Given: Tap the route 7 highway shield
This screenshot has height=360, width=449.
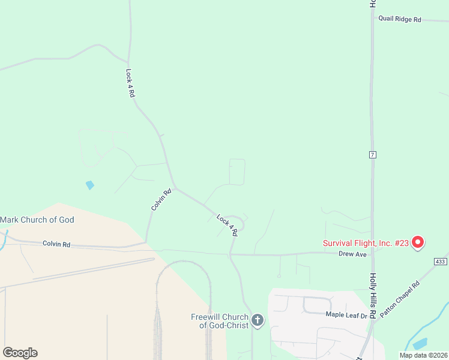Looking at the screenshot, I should coord(373,155).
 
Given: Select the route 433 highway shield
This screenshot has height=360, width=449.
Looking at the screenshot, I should coord(440,262).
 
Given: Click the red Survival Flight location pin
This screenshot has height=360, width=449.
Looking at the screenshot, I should coord(418,242).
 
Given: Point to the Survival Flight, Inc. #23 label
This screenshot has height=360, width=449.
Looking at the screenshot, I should coord(366,243).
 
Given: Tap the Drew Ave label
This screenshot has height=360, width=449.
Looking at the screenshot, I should coord(352,254).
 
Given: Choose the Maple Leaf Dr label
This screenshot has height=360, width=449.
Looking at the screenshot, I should coord(345,314).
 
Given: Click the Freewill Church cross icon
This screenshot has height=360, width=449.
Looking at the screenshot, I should coord(258,320).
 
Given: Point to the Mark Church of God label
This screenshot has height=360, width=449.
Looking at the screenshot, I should coord(37,220).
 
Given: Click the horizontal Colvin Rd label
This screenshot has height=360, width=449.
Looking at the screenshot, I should coord(56,244).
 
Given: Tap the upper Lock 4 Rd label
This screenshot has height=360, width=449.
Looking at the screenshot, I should coord(130,83).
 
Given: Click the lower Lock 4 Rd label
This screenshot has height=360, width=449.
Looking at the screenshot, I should coord(228,225).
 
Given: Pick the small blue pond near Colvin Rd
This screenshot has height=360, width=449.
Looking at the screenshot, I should coord(90,185).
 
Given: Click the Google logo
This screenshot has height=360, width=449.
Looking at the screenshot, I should coord(20,353).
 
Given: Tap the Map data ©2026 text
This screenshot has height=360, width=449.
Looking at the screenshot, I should coord(424,355).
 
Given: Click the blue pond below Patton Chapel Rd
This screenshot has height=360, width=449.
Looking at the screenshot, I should coord(420,344).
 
